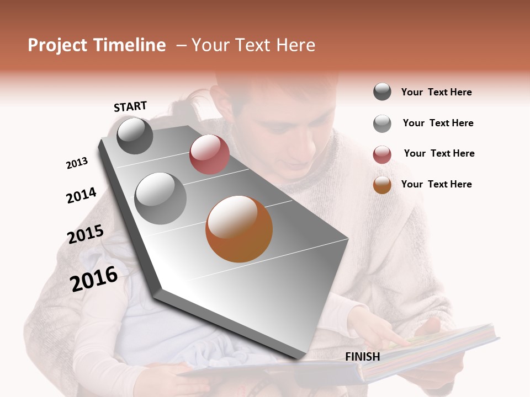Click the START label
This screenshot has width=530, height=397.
coord(130,106)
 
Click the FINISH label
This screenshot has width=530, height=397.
coord(362,357)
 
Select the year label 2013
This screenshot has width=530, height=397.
coord(77,163)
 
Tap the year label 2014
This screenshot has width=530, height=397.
coord(81,195)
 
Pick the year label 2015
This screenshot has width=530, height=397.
coord(86,234)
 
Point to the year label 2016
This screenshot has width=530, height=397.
coord(94,278)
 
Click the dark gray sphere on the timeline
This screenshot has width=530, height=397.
coord(135,136)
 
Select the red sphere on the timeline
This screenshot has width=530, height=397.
coord(209,154)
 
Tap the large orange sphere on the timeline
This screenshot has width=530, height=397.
coord(239,229)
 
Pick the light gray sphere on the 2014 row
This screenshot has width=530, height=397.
coord(160,198)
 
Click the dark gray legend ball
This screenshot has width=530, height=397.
coord(382,92)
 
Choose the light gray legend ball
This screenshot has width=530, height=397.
coord(382,124)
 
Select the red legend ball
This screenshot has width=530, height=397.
coord(382,154)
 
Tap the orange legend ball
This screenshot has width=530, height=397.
coord(382,185)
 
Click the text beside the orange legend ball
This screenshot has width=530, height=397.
coord(436,184)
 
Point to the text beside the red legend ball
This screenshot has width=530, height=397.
coord(439,153)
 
